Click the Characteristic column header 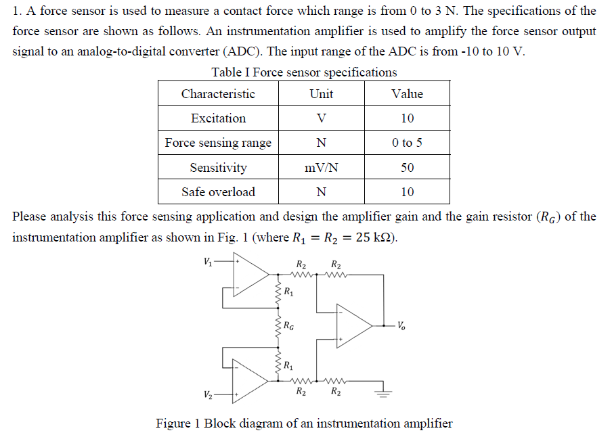point(218,94)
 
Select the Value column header point(407,94)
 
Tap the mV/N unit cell point(322,168)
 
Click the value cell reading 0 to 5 point(407,143)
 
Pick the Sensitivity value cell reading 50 point(407,168)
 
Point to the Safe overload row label point(218,192)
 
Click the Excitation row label point(218,118)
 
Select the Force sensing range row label point(218,143)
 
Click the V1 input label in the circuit point(206,260)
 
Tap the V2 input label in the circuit point(207,394)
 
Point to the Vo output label point(402,325)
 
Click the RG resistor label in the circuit point(289,327)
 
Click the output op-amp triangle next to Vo point(353,325)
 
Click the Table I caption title point(304,72)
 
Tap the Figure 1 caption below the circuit point(304,423)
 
